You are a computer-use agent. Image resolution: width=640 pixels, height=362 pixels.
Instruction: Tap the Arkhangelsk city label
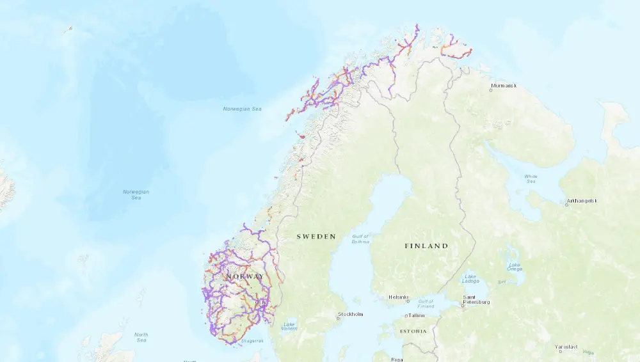582,201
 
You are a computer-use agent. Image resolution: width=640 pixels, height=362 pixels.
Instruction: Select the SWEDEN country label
316,237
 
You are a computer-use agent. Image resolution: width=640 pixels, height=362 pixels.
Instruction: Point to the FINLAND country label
426,246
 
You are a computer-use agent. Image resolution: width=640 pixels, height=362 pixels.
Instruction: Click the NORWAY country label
244,276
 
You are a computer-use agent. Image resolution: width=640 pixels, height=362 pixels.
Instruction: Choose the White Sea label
531,178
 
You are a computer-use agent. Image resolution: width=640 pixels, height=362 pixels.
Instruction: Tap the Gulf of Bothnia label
360,240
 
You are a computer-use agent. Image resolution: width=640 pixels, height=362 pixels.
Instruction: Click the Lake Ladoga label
470,279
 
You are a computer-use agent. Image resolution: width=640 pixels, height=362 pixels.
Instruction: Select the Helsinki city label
398,297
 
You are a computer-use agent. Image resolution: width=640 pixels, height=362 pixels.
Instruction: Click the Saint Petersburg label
477,299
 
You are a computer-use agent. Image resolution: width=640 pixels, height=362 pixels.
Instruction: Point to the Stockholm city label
350,314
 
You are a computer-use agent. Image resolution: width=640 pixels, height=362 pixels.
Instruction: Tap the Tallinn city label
417,315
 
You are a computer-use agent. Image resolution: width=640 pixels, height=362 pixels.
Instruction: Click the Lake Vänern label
289,326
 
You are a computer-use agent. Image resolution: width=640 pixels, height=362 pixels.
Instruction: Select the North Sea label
141,337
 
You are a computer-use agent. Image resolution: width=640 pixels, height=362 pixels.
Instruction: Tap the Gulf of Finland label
426,304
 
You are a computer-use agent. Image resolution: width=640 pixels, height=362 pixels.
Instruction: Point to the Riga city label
397,359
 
